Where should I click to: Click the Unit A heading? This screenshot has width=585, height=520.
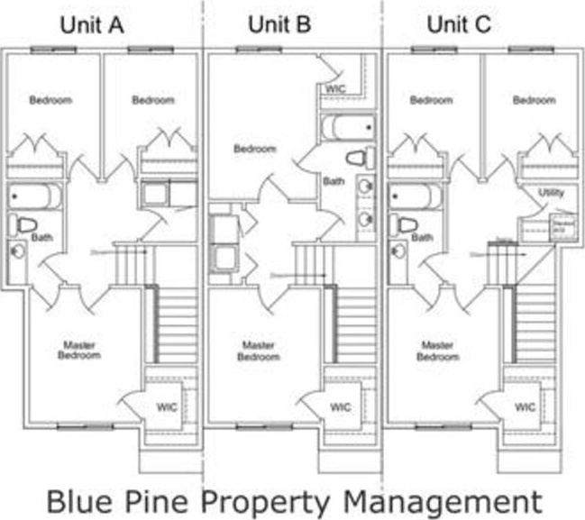91,24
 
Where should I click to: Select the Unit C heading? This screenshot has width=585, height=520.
458,24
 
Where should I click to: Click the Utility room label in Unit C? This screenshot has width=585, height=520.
550,193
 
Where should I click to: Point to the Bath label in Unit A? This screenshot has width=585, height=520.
42,237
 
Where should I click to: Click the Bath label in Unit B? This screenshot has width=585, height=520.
334,181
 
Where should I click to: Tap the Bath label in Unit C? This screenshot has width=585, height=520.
422,237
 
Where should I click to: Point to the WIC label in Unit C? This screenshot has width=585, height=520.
526,406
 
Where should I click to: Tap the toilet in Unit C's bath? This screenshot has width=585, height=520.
407,224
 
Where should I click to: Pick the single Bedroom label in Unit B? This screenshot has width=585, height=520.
255,149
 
